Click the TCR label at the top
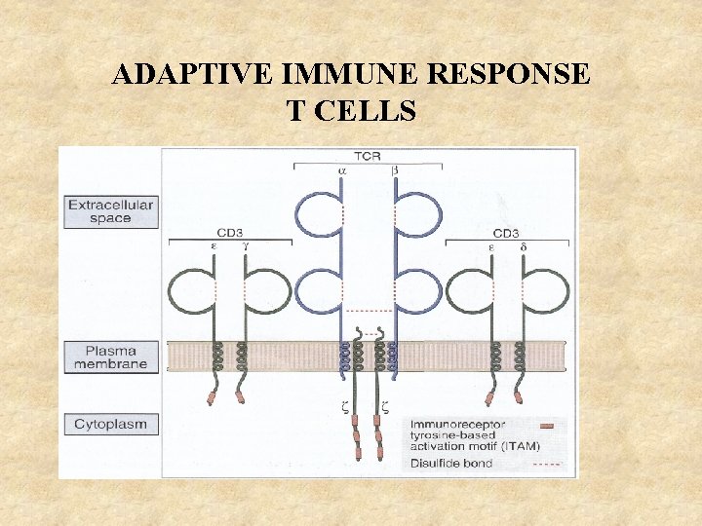tap(369, 156)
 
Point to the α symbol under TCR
tap(342, 169)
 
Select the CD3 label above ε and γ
tap(229, 234)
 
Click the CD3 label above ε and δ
tap(505, 234)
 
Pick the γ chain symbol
tap(245, 248)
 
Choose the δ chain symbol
tap(523, 247)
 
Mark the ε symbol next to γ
tap(214, 248)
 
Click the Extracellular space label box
tap(111, 212)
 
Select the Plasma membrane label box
tap(111, 357)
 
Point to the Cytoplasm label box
tap(111, 425)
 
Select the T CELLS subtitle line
tap(351, 111)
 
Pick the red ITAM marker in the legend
tap(548, 426)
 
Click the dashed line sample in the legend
tap(547, 465)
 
